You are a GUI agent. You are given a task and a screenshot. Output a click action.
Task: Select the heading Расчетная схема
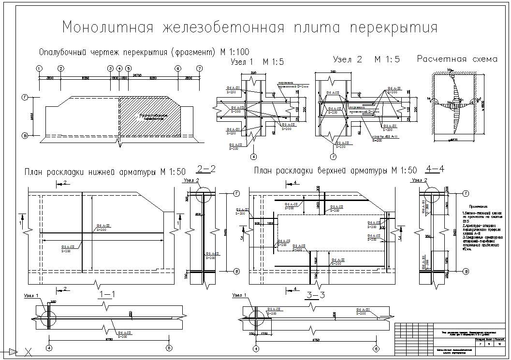pos(457,59)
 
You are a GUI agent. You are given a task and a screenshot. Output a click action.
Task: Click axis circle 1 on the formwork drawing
pos(39,68)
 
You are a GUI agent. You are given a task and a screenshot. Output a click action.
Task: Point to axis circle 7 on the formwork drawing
pos(200,68)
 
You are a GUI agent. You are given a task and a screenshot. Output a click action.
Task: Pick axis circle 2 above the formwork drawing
pos(61,68)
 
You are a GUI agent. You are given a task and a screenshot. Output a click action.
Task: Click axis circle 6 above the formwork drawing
pos(178,68)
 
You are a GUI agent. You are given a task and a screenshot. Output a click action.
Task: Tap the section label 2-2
pos(205,169)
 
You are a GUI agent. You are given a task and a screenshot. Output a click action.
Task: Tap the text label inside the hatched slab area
pos(153,116)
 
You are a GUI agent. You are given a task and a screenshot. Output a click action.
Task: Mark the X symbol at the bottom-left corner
pos(29,352)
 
